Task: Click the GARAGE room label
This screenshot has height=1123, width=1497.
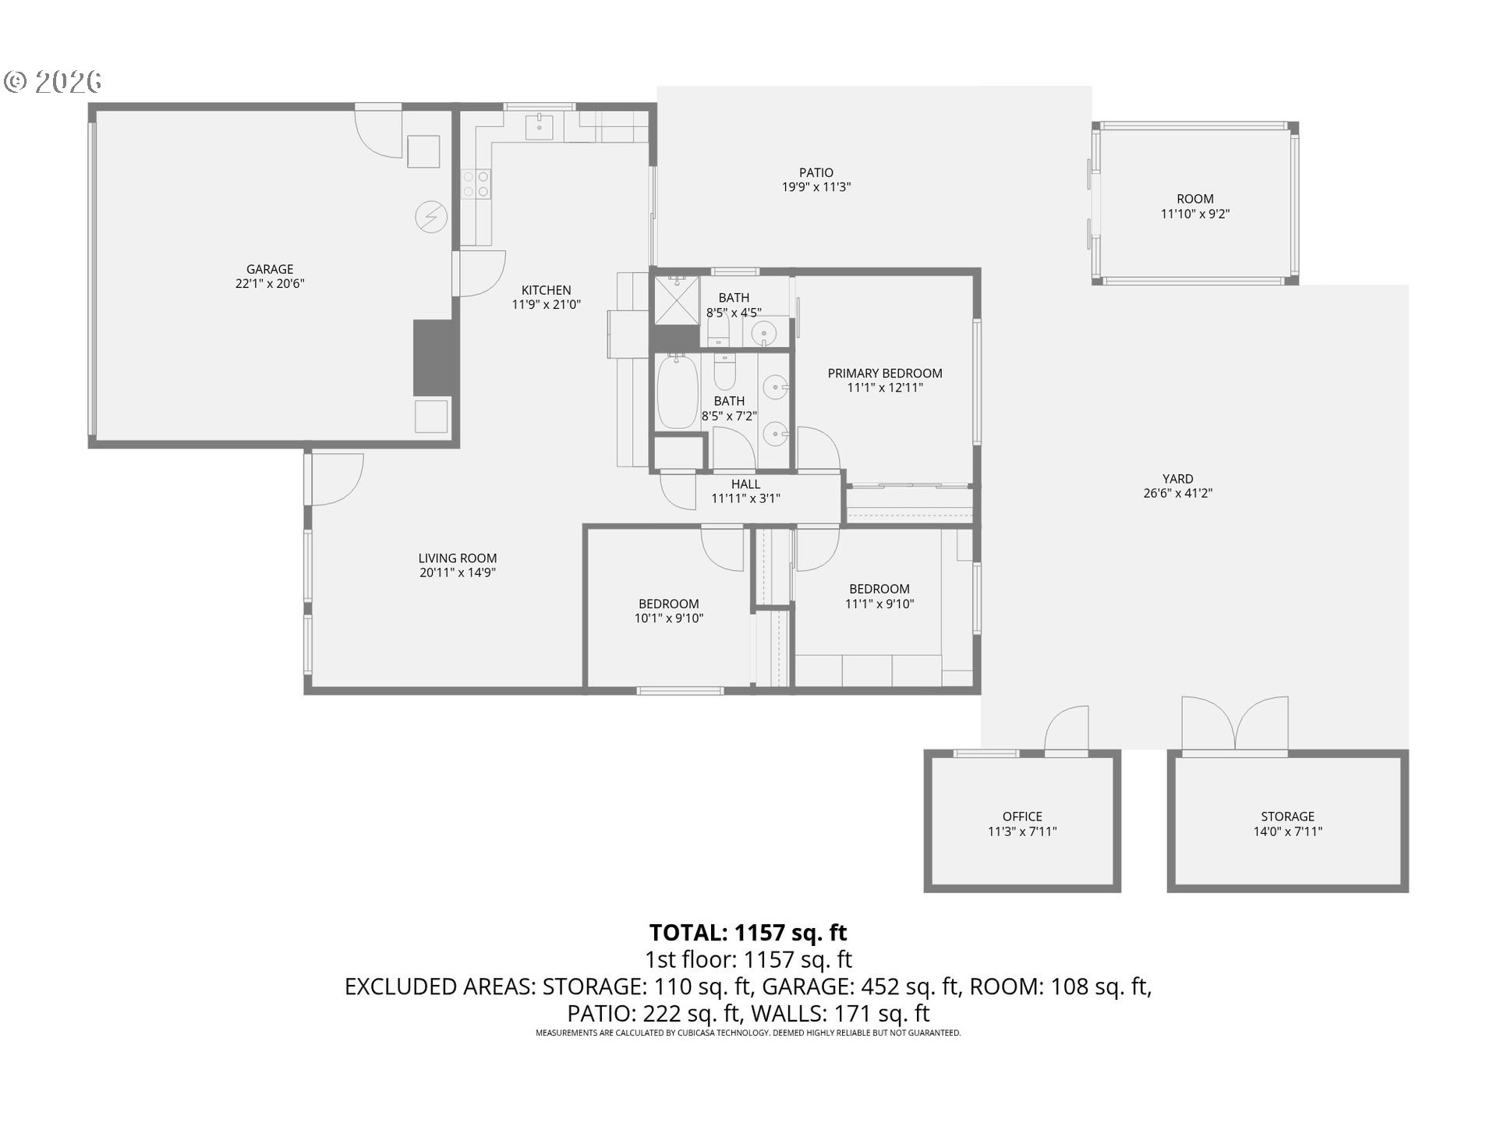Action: (x=270, y=269)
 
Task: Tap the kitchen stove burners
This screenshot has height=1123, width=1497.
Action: (x=476, y=184)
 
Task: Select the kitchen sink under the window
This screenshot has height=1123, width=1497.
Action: (x=539, y=126)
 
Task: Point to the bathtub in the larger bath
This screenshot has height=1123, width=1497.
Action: (x=676, y=391)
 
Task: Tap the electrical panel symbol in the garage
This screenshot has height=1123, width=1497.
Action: (x=431, y=217)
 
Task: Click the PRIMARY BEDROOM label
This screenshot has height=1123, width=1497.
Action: (x=885, y=374)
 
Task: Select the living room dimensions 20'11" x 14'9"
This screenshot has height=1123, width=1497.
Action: (x=458, y=572)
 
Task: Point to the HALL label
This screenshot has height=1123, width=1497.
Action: (x=745, y=484)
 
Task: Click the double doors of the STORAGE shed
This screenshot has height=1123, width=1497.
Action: (x=1235, y=726)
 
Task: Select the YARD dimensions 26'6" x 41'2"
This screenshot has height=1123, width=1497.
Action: (x=1177, y=493)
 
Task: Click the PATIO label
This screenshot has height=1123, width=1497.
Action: (x=816, y=172)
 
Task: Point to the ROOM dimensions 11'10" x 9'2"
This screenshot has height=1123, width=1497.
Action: (x=1195, y=214)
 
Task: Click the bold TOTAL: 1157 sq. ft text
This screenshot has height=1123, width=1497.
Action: (x=748, y=933)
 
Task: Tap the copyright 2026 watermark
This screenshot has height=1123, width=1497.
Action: (x=53, y=81)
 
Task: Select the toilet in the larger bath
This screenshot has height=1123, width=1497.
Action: (x=725, y=372)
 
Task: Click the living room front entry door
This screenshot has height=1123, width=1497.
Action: (x=336, y=480)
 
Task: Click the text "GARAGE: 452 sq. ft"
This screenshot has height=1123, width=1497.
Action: (x=860, y=987)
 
